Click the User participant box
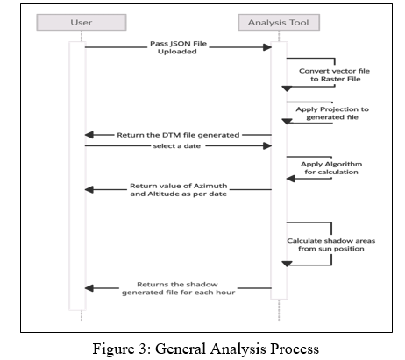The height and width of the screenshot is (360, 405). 82,22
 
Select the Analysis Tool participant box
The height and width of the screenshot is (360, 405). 279,22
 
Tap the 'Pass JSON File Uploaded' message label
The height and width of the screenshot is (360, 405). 178,47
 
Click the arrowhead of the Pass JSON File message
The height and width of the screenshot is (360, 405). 267,47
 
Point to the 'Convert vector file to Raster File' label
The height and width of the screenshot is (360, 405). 335,75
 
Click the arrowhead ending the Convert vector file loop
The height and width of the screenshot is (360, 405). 287,88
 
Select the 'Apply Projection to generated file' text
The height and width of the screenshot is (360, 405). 332,113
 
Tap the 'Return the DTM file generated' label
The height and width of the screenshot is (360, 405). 178,135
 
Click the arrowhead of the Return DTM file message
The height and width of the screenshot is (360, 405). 89,135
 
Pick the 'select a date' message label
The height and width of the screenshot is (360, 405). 177,146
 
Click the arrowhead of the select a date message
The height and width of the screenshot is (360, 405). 267,146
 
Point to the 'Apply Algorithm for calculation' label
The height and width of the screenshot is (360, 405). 331,168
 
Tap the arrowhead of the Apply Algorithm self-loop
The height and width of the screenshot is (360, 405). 290,179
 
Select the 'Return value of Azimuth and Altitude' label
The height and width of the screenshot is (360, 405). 179,190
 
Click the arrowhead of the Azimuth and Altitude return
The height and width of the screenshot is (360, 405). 89,190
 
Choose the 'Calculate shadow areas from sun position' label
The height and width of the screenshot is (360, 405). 331,244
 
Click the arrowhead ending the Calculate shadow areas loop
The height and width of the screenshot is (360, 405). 287,264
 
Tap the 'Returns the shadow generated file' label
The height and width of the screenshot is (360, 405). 178,288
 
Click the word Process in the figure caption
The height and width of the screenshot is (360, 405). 295,349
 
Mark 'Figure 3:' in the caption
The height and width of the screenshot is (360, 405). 122,349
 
